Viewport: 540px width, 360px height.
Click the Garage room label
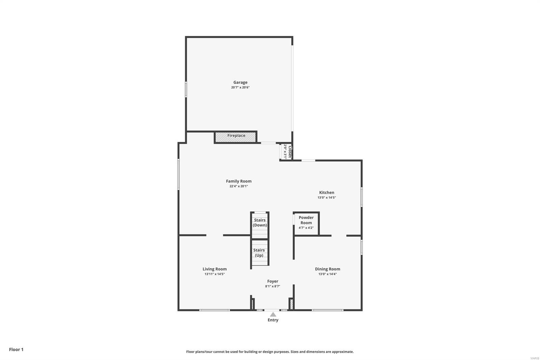[240, 82]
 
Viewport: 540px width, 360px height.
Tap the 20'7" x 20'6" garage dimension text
[240, 87]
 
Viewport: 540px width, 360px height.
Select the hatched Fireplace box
[236, 137]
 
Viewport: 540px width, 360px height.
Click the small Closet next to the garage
[286, 152]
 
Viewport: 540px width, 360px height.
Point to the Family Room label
[239, 181]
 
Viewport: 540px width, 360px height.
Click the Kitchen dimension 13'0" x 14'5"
[326, 198]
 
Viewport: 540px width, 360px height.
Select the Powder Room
[306, 223]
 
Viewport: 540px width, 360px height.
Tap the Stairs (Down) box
[260, 225]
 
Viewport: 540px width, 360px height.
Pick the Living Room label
[215, 269]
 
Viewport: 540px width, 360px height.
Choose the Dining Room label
[327, 269]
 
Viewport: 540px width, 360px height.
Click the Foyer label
[273, 281]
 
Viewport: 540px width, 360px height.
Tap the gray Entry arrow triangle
[273, 314]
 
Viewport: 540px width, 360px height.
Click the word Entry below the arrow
[273, 320]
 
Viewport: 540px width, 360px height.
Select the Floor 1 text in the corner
[16, 350]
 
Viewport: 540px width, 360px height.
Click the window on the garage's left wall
[186, 89]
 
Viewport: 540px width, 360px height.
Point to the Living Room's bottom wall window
[215, 310]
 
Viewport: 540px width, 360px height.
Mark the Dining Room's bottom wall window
[327, 310]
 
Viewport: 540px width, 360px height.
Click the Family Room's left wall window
[179, 174]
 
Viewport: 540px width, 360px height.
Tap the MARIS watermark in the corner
[534, 358]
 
